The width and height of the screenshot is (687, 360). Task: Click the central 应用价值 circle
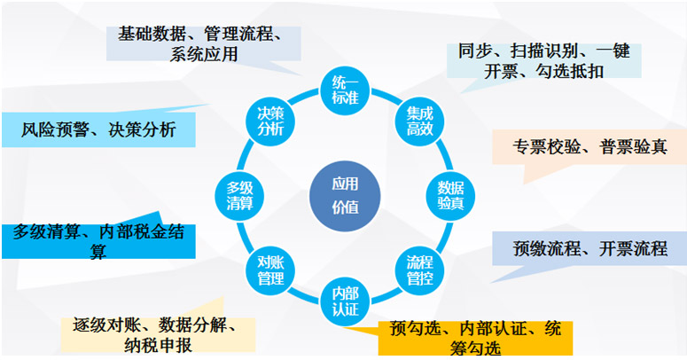pos(345,196)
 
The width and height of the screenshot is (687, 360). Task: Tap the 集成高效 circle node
pos(420,121)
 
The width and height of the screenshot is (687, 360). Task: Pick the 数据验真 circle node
pos(450,196)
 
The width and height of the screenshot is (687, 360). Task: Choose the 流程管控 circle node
pos(420,270)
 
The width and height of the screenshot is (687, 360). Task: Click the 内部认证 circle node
pos(345,301)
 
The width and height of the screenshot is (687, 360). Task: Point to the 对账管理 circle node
pos(270,270)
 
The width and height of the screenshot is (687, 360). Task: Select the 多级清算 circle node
pos(239,196)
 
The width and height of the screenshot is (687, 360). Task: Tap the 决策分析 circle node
pos(270,121)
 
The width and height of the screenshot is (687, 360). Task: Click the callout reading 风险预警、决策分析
pos(98,129)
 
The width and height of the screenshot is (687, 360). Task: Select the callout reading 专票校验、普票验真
pos(589,147)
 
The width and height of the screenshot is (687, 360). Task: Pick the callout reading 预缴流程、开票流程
pos(589,248)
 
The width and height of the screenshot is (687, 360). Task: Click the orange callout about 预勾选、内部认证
pos(475,338)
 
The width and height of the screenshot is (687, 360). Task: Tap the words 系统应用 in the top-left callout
pos(204,54)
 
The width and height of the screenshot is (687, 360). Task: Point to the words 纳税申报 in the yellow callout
pos(158,345)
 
